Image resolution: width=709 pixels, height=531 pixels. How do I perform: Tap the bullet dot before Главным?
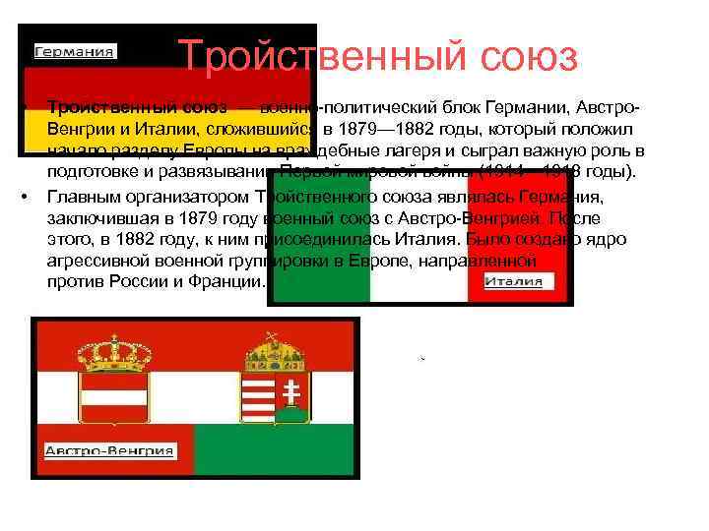[23, 195]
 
